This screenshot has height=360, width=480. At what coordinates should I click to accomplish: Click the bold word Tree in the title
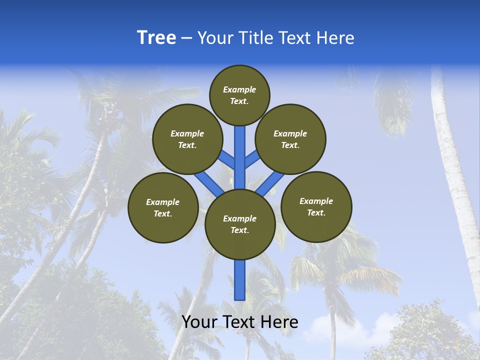(x=156, y=37)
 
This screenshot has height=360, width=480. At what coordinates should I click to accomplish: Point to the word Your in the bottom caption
(x=200, y=322)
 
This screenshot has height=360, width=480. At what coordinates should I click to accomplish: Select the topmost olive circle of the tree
(x=239, y=95)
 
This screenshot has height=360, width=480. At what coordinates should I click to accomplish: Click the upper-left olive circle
(x=187, y=139)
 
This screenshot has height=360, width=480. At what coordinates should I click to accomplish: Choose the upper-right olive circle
(x=290, y=139)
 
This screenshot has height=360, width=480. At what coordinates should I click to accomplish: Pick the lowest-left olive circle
(x=163, y=207)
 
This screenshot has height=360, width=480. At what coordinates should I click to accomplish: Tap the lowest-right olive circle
(x=316, y=206)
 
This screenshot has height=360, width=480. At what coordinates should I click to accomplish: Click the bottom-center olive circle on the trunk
(x=240, y=224)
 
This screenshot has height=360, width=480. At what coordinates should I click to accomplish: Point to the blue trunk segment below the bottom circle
(x=239, y=280)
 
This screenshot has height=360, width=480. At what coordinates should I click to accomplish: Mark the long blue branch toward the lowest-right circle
(x=270, y=182)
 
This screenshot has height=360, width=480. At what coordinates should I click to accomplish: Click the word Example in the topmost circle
(x=239, y=90)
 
